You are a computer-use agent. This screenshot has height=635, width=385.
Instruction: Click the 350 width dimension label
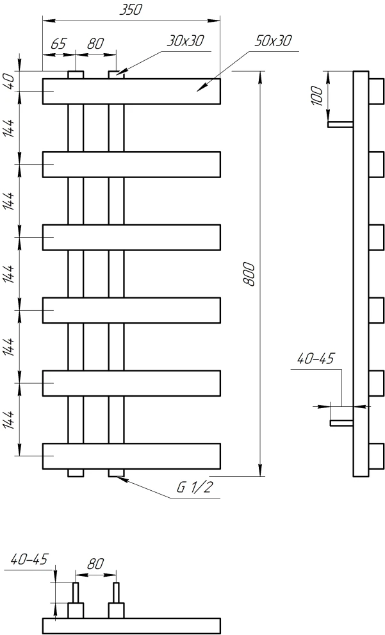point(131,10)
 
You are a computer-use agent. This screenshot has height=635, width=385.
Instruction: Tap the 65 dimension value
point(58,44)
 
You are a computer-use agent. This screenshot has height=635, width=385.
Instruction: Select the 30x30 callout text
point(186,41)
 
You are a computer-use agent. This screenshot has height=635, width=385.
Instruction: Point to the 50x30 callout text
point(274,41)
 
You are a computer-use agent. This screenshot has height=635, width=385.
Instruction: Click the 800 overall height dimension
point(250,274)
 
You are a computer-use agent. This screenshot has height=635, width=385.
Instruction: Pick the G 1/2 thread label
point(194,488)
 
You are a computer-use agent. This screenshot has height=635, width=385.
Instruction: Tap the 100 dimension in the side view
point(318,96)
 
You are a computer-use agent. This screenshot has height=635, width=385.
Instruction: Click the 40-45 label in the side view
point(316,358)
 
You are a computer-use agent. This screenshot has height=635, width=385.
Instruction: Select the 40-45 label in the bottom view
point(29,559)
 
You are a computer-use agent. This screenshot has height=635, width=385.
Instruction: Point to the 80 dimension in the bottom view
point(95,564)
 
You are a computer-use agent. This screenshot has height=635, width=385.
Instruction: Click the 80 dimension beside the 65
point(95,44)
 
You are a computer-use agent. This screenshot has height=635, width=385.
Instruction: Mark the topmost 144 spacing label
point(10,128)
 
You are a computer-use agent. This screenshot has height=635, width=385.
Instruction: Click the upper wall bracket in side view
point(340,124)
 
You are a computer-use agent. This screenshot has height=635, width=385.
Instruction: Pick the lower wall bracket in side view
point(342,423)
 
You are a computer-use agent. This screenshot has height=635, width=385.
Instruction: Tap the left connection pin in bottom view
point(76,593)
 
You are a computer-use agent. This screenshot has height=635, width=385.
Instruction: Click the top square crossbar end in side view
point(376,92)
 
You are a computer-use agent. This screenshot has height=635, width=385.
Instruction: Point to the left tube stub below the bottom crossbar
point(76,473)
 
